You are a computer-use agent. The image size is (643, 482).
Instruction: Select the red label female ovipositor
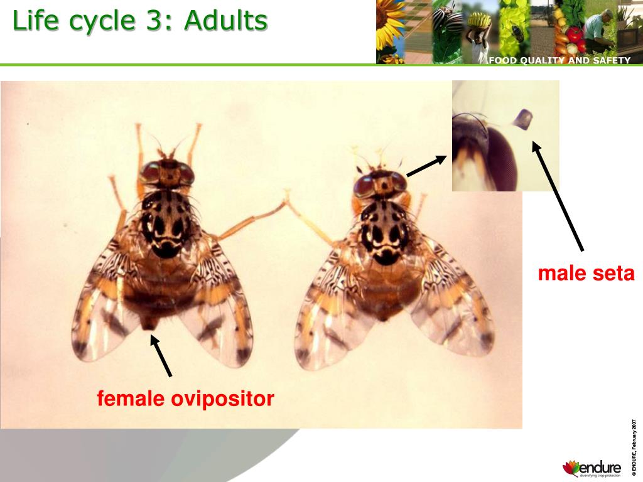coord(185,399)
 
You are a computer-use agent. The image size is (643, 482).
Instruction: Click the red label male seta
coord(586,274)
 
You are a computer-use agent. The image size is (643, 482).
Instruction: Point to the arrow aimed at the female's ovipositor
coord(161,356)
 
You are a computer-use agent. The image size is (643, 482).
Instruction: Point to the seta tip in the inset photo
coord(522,118)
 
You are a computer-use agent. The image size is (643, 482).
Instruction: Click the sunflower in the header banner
coord(390,25)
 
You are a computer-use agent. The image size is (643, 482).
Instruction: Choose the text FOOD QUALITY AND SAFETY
coord(559,60)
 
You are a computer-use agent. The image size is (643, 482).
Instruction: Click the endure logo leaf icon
coord(571,468)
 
